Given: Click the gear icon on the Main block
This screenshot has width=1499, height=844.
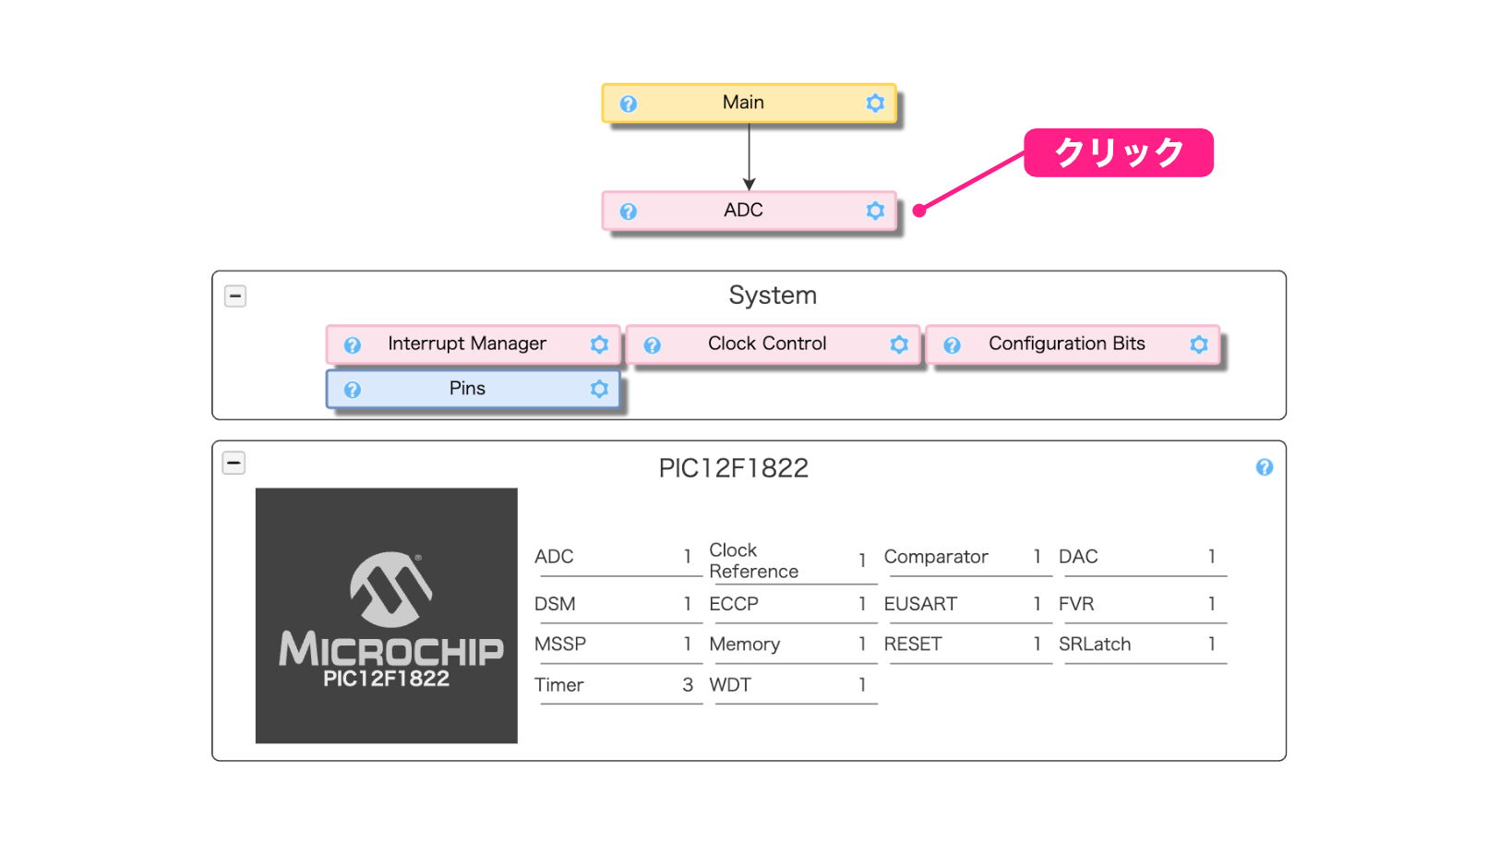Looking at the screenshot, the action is [875, 103].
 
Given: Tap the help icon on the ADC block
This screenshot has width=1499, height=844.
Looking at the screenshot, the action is [628, 211].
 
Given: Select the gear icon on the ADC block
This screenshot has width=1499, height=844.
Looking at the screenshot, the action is [875, 211].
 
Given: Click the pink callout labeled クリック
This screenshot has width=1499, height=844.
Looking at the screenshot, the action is [1118, 152].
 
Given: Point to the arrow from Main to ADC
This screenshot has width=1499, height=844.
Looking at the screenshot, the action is [749, 157].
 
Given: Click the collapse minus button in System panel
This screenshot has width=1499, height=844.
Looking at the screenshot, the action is [234, 295].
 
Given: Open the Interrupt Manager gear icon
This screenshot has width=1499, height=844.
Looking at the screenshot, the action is [599, 344].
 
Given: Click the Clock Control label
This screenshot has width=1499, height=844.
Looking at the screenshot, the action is [767, 344].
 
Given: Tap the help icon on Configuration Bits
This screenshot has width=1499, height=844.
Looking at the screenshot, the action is [952, 344].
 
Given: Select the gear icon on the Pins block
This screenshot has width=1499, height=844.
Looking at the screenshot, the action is [599, 389].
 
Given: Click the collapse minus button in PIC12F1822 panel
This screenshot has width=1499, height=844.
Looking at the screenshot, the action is [234, 463].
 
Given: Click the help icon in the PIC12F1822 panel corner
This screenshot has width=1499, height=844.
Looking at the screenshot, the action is [1265, 467].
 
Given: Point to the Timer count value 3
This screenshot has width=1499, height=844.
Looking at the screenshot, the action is [688, 684].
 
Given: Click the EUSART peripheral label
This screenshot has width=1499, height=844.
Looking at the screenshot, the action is [920, 604].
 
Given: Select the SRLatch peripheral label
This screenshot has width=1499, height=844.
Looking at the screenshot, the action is [1094, 644].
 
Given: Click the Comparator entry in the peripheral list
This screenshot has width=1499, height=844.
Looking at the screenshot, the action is [936, 556].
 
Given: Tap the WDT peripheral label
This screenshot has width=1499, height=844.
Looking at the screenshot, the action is [729, 684].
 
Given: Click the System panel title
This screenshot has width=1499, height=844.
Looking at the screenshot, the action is [773, 295].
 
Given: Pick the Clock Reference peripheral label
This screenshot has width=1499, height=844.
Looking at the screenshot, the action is [753, 561].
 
